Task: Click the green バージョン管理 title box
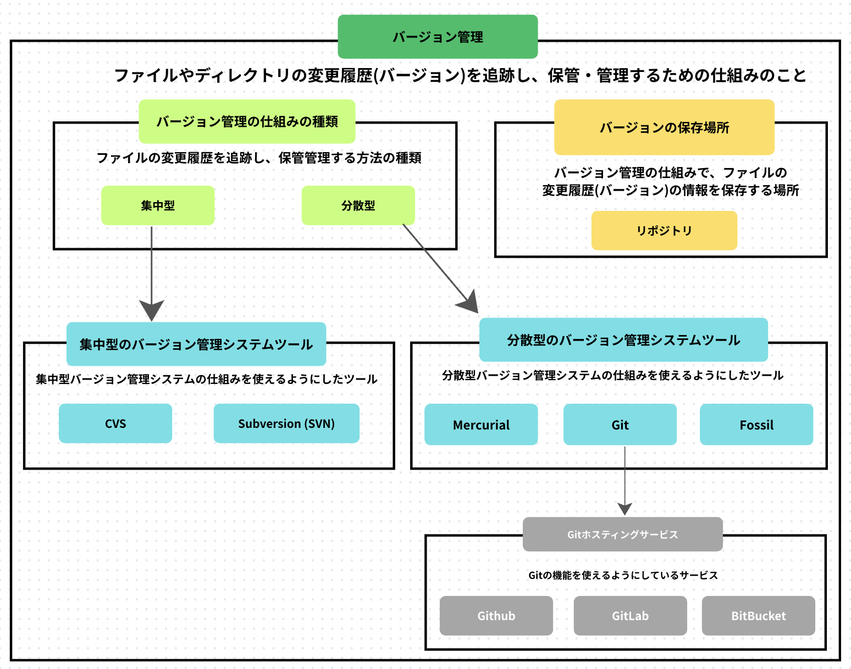tap(438, 37)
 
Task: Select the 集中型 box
tap(158, 205)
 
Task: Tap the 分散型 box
tap(358, 205)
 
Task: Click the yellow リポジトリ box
tap(664, 231)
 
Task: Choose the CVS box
tap(115, 423)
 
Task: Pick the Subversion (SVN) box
tap(286, 423)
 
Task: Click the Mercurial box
tap(481, 425)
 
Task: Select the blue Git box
tap(620, 425)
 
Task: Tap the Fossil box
tap(756, 425)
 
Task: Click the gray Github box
tap(496, 616)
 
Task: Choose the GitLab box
tap(630, 616)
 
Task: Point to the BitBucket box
tap(758, 616)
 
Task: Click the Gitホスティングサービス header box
tap(622, 534)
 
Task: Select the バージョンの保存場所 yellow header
tap(664, 127)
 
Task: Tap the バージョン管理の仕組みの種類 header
tap(247, 121)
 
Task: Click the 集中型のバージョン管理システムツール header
tap(196, 344)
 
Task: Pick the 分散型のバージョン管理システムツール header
tap(623, 340)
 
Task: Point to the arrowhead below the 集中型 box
tap(152, 310)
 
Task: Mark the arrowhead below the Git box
tap(625, 508)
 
